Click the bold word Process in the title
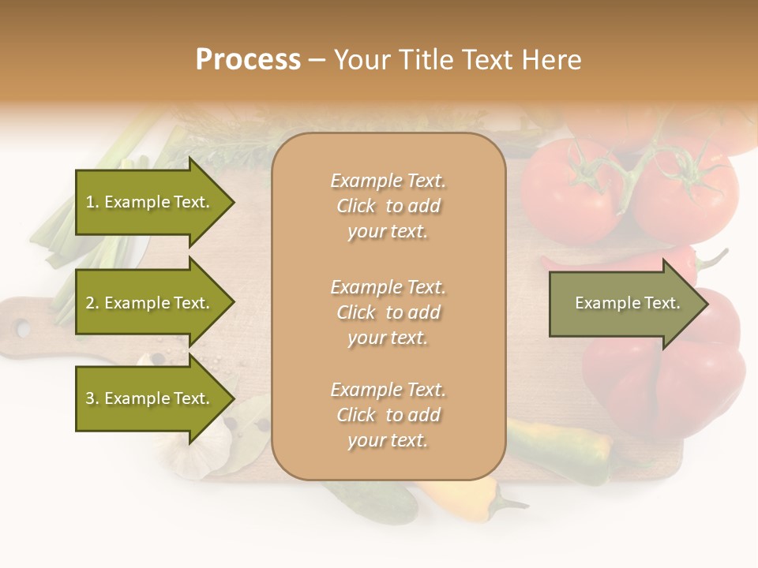[248, 60]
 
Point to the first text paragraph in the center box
[388, 206]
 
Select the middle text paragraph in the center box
[388, 312]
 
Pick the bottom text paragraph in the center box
[388, 415]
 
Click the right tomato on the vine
[685, 193]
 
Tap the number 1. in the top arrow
[92, 202]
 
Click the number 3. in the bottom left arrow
[92, 398]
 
